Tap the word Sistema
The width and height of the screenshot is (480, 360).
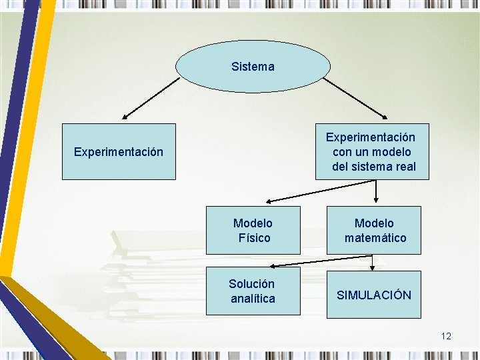point(253,67)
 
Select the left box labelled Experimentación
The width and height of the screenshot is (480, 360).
point(119,152)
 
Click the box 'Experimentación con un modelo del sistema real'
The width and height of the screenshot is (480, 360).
point(372,152)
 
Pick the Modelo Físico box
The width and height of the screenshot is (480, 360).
point(253,231)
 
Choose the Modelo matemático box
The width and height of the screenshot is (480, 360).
point(374,231)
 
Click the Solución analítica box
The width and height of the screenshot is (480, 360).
point(253,291)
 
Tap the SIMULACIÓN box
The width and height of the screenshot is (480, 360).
point(374,295)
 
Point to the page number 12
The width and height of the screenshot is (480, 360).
point(446,336)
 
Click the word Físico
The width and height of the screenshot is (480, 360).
point(254,238)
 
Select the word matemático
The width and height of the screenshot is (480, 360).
point(375,238)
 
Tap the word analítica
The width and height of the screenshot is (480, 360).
point(253,299)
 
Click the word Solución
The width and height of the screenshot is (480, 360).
point(252,284)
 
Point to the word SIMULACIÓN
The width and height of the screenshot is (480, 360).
point(374,295)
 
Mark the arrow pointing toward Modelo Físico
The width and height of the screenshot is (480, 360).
point(320,193)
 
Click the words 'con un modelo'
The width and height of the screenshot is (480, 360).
point(372,152)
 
